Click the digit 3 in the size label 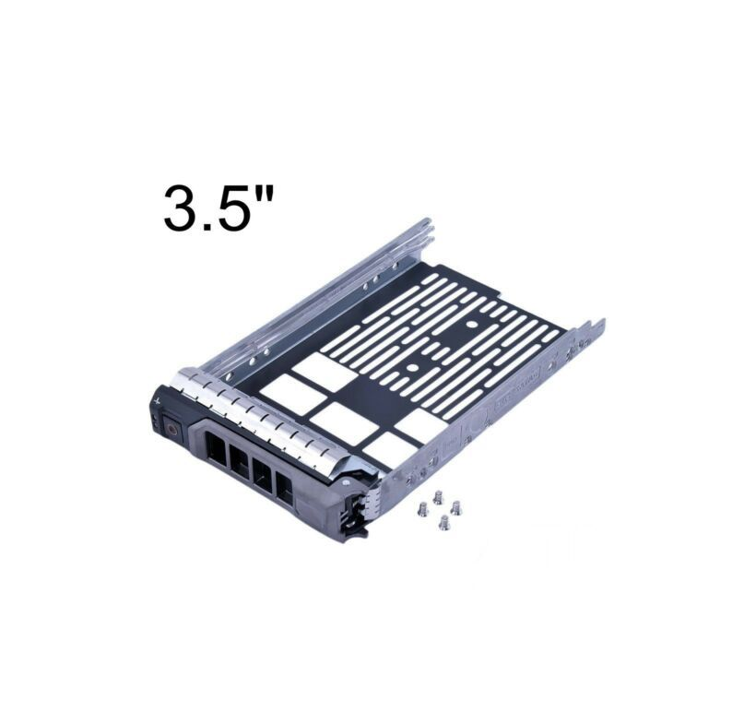pos(181,208)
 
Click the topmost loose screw pos(438,497)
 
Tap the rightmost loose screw pos(456,507)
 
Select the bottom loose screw pos(443,523)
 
